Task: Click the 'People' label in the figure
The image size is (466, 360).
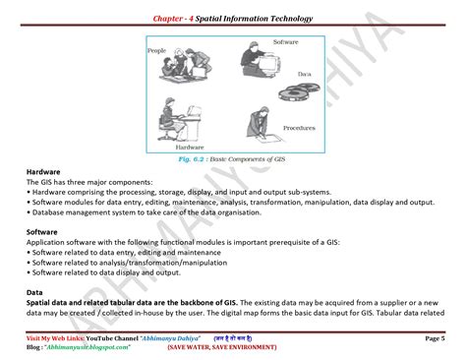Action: click(x=157, y=50)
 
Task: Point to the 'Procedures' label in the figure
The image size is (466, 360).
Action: click(x=298, y=128)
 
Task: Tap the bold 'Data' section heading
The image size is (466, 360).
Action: click(x=34, y=293)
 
